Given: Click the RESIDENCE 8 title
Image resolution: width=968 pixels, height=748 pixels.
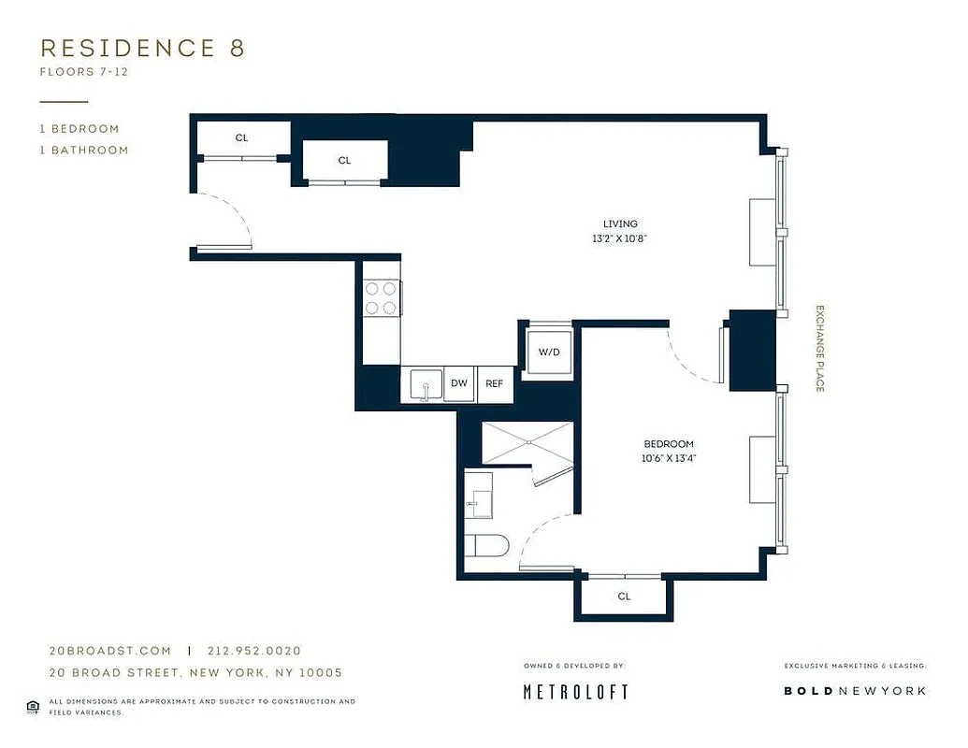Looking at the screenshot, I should [x=142, y=49].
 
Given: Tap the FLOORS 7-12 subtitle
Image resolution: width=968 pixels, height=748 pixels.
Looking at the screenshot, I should [x=83, y=71].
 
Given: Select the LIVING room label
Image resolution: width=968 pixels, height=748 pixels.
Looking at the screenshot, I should [x=620, y=223].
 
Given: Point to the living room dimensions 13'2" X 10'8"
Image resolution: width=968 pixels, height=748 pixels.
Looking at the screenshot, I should [x=620, y=238].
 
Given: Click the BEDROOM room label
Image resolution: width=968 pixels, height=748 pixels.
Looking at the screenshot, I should [x=669, y=443].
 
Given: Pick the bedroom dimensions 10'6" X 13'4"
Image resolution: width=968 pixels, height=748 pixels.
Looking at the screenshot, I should [x=669, y=458].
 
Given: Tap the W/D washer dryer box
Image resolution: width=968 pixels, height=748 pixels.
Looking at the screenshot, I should [x=548, y=352].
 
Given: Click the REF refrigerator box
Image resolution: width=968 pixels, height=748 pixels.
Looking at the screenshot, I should [x=495, y=383].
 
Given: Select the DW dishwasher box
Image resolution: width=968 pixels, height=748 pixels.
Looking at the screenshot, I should [x=459, y=383].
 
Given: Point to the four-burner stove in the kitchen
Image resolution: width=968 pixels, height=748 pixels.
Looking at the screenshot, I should [x=381, y=298].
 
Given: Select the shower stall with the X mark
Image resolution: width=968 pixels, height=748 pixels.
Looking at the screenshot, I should [x=526, y=442].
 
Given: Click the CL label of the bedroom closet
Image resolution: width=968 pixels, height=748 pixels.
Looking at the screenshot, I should [x=624, y=596].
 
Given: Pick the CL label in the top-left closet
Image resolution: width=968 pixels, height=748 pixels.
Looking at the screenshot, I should [x=242, y=137].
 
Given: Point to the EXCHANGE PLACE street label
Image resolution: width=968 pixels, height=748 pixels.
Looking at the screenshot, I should [x=819, y=348].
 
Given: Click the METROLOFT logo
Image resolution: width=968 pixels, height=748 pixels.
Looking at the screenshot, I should [x=574, y=691].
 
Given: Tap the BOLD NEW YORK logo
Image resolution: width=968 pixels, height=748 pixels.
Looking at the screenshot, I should [x=855, y=690].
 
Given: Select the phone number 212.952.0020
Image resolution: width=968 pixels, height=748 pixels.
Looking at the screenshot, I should [x=254, y=651].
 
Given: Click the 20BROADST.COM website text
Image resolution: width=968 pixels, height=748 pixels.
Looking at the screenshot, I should [x=110, y=651].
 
